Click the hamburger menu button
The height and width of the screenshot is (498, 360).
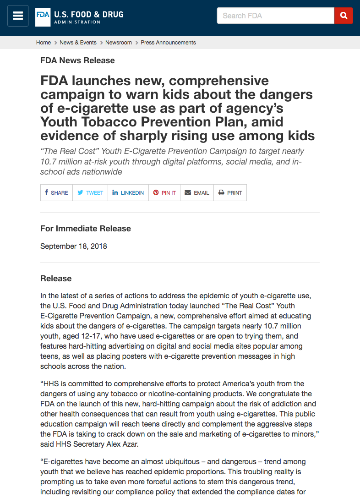pos(18,16)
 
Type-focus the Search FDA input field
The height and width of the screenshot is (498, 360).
pos(275,16)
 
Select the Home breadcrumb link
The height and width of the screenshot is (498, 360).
pos(44,43)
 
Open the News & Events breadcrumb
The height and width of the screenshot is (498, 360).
pos(78,43)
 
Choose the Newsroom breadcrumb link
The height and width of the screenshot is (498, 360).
pos(119,43)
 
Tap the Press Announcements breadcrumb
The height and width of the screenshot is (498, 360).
pos(168,43)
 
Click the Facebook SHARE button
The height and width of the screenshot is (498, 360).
pos(56,193)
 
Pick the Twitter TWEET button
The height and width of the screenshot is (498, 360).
pos(90,193)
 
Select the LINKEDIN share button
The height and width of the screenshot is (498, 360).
pos(128,193)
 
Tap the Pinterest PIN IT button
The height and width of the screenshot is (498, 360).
pos(164,193)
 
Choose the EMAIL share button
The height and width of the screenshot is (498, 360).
pos(197,193)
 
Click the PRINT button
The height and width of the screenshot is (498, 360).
pos(230,193)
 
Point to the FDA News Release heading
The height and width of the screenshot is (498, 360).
pos(77,60)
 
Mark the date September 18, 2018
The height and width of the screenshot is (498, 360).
pos(74,246)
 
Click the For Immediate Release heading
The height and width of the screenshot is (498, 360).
pos(86,229)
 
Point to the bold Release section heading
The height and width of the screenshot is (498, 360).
pos(56,279)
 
